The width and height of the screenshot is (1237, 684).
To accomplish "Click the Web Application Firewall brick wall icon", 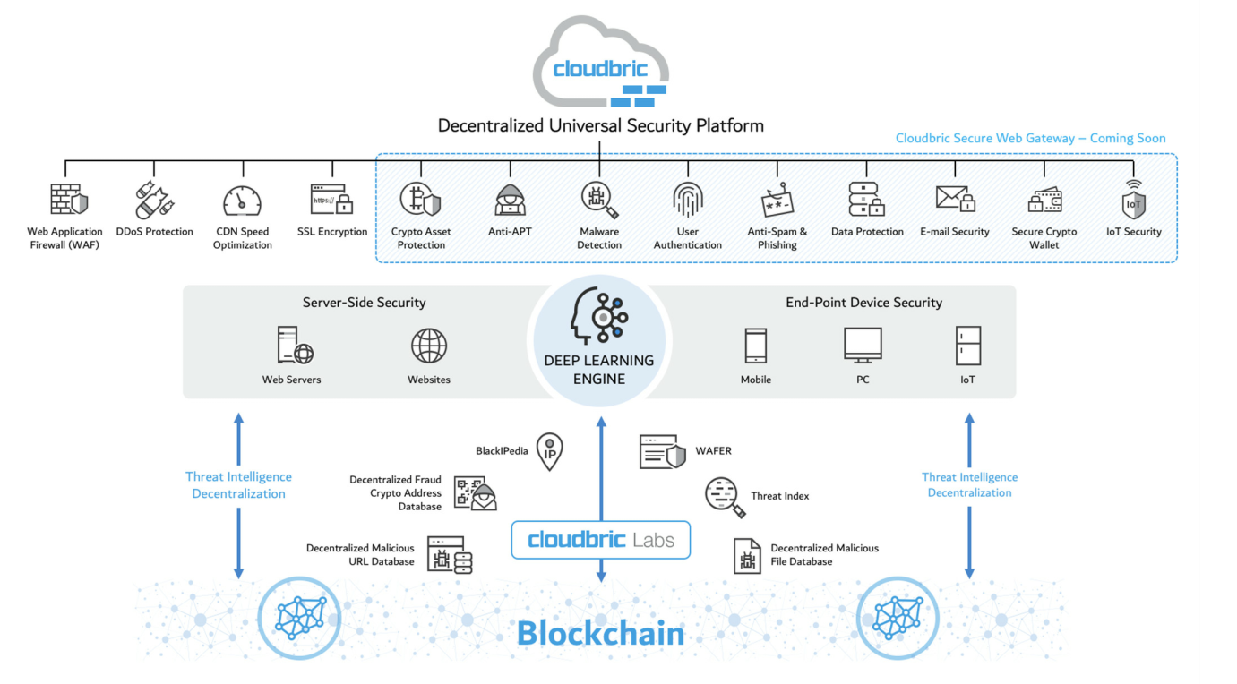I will point(68,200).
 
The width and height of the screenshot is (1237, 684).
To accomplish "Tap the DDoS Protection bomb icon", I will point(154,200).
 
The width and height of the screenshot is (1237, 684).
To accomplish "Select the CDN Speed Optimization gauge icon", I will point(242,200).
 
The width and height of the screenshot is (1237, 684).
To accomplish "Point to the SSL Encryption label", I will point(332,232).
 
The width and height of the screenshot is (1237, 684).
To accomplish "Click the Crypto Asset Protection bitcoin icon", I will point(420,200).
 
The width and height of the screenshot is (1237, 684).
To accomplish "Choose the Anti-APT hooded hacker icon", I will point(510,200).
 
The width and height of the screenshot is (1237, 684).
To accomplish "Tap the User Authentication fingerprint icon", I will point(687,200).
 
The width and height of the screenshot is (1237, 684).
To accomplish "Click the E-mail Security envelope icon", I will point(954,199).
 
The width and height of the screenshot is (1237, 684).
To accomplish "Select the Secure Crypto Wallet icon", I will point(1044,200).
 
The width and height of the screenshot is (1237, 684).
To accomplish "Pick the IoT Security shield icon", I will point(1134,200).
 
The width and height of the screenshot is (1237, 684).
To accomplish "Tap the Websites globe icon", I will point(429,346).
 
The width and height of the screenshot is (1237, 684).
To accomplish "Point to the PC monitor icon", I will point(863,345).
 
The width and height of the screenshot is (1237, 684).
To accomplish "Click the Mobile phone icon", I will point(755,346).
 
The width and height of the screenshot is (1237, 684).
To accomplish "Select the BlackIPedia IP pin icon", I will point(549,451).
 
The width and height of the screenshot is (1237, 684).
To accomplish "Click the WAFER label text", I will point(713,451).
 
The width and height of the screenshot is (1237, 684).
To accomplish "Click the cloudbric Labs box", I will point(600,540).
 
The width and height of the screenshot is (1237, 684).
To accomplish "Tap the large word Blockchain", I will point(600,634).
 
